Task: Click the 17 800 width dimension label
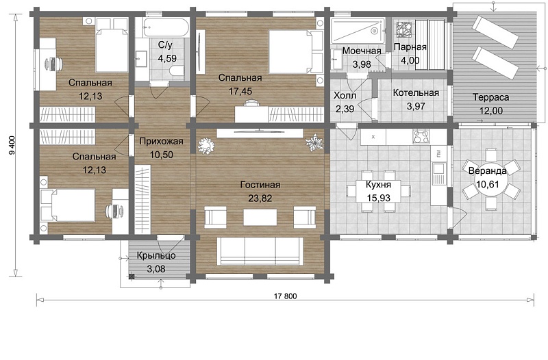[285, 296]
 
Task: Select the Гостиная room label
[260, 185]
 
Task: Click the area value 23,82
[260, 198]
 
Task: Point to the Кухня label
[379, 184]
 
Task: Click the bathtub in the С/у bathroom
[166, 27]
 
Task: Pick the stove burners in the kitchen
[421, 136]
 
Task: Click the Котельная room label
[416, 93]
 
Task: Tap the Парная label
[410, 47]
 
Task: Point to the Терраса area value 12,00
[491, 111]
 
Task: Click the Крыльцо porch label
[156, 255]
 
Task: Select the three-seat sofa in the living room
[260, 251]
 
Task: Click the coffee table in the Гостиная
[260, 217]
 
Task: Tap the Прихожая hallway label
[161, 142]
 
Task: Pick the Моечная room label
[362, 51]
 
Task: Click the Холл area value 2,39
[345, 109]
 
